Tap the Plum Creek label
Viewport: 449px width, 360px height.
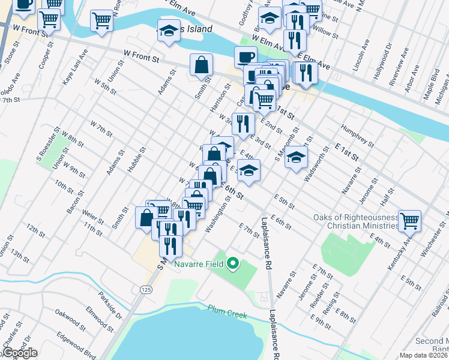pos(226,309)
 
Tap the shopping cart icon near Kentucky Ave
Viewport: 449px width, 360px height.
pos(410,221)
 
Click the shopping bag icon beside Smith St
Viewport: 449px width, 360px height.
pos(202,65)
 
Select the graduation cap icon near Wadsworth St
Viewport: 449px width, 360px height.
pos(296,158)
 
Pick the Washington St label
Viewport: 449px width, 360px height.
pos(218,217)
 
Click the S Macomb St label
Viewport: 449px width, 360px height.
pos(286,144)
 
